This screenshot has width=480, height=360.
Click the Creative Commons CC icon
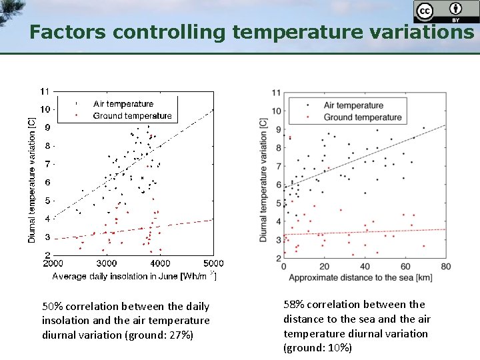pos(424,11)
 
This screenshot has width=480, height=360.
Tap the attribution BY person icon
pos(455,9)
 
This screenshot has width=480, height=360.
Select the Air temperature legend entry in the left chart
pos(123,104)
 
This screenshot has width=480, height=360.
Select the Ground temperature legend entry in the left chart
pos(132,116)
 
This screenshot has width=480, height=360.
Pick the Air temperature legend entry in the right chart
pos(353,105)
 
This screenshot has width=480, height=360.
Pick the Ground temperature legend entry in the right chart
pos(362,117)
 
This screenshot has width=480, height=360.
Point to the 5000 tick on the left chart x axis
pos(213,264)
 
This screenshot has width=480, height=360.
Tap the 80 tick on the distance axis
pos(446,267)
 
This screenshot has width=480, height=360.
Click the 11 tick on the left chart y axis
pos(45,91)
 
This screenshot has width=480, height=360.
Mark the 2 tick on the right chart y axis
pos(276,259)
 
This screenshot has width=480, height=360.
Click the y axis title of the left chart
pos(31,180)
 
